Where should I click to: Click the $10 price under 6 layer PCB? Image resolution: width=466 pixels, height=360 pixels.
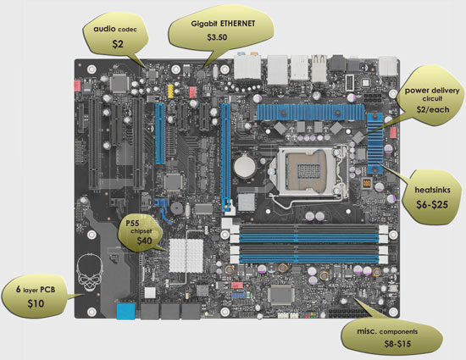pyautogui.click(x=35, y=302)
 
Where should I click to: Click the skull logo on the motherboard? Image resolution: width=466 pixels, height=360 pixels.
pyautogui.click(x=88, y=269)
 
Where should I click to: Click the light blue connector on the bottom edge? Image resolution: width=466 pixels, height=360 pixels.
pyautogui.click(x=125, y=311)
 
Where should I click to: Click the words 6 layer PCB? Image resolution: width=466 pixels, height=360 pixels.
pyautogui.click(x=35, y=289)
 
